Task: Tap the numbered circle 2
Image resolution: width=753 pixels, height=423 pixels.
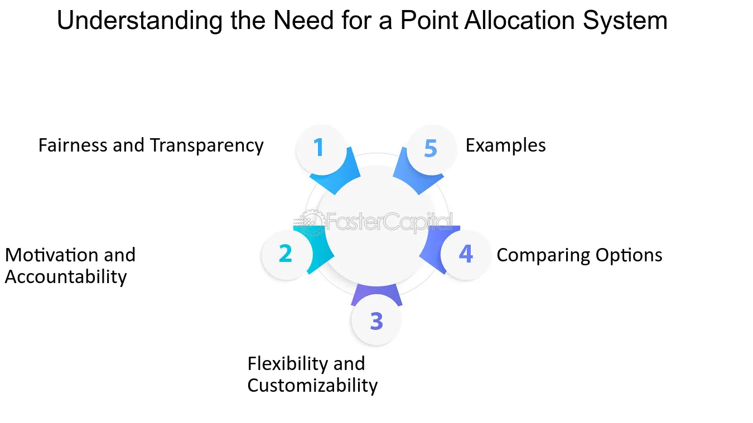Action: (x=286, y=254)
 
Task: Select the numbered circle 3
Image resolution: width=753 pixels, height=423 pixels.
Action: (x=376, y=321)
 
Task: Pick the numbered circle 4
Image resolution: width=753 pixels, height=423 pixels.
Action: (x=466, y=254)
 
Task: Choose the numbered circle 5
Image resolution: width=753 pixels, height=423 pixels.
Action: (x=431, y=148)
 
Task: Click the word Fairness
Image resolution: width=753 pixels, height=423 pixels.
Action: (x=73, y=145)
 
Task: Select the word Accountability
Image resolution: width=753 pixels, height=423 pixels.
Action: (x=66, y=277)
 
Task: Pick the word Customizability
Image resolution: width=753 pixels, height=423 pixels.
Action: (x=312, y=386)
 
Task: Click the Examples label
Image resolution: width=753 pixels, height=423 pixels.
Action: (x=505, y=146)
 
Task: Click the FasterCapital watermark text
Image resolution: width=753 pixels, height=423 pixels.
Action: (x=389, y=222)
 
